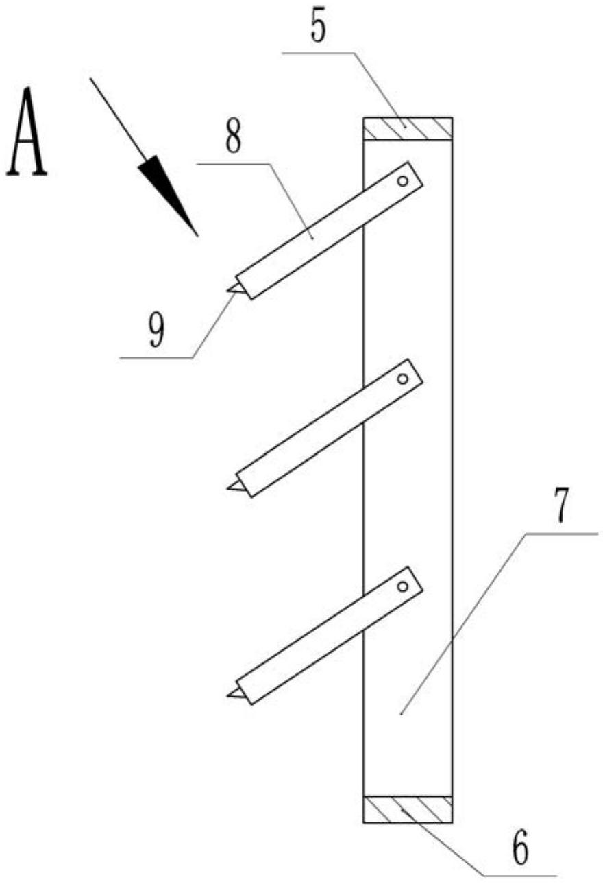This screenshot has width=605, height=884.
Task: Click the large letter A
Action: [x=27, y=132]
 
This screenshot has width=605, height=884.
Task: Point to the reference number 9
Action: [x=157, y=333]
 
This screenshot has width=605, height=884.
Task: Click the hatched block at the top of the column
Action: [x=408, y=128]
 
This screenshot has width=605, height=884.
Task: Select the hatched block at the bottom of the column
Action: [x=408, y=809]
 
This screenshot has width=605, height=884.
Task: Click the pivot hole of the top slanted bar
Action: [x=403, y=182]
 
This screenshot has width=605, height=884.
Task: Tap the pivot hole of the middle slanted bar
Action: [x=403, y=379]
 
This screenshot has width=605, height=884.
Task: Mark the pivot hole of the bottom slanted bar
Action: [x=403, y=587]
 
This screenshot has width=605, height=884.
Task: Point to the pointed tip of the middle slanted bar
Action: [x=227, y=488]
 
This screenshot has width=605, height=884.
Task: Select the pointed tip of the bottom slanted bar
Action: [x=227, y=696]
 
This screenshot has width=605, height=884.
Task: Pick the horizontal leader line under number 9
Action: [x=157, y=358]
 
